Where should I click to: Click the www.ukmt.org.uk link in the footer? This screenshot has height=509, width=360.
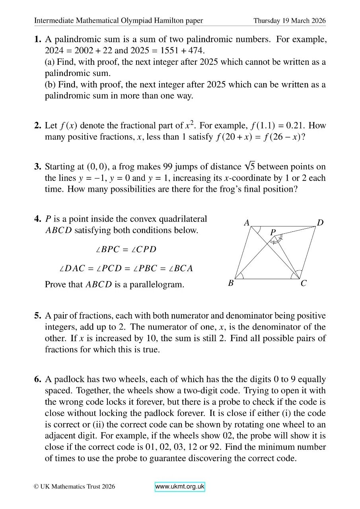pyautogui.click(x=180, y=487)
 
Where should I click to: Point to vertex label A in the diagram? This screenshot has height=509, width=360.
pyautogui.click(x=247, y=223)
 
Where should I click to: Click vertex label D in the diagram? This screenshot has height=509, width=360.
pyautogui.click(x=320, y=223)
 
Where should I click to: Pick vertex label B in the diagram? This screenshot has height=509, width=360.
pyautogui.click(x=231, y=284)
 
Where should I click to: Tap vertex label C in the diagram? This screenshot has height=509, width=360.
pyautogui.click(x=304, y=284)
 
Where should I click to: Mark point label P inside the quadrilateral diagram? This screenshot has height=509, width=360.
pyautogui.click(x=273, y=232)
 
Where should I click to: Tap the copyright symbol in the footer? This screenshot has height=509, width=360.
pyautogui.click(x=36, y=486)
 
